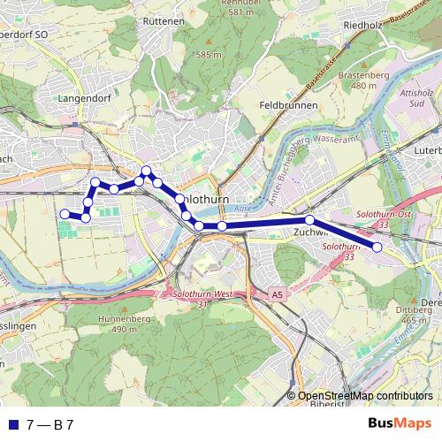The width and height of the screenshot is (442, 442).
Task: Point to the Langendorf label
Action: (x=82, y=99)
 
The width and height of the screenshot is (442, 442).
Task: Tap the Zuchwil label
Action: (x=310, y=232)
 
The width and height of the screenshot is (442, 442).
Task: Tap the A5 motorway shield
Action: (x=278, y=294)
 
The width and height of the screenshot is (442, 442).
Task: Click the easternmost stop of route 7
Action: (x=377, y=248)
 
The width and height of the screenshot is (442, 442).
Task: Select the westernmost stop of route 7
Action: (x=64, y=213)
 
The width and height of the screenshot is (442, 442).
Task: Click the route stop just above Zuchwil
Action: (x=310, y=219)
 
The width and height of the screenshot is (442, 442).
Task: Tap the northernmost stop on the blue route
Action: (x=147, y=171)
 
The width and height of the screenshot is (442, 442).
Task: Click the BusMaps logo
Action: (x=400, y=424)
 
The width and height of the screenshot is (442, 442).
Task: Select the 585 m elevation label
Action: (x=210, y=55)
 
